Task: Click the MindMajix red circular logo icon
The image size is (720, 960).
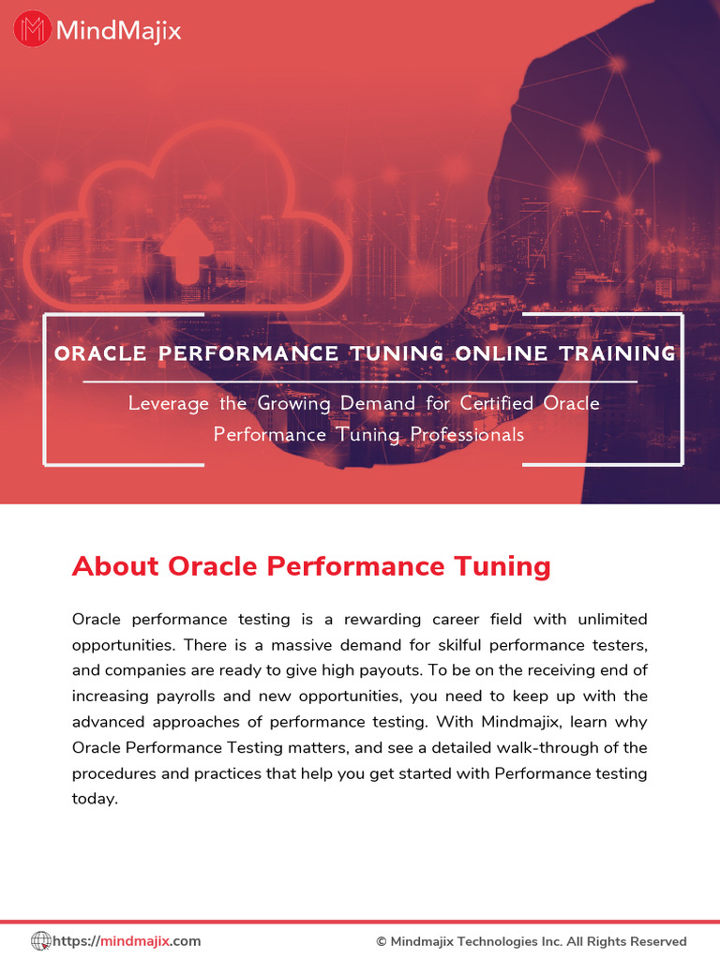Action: click(x=33, y=30)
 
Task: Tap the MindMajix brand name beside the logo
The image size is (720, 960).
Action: click(x=118, y=31)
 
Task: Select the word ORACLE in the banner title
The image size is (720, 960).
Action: click(x=100, y=353)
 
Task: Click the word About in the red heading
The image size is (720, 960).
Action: click(x=115, y=566)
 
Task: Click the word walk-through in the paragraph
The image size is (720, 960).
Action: click(x=533, y=748)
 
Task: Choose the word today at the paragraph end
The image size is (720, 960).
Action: click(x=94, y=800)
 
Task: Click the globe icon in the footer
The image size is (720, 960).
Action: click(x=41, y=940)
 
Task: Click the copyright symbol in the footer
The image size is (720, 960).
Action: click(x=382, y=941)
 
